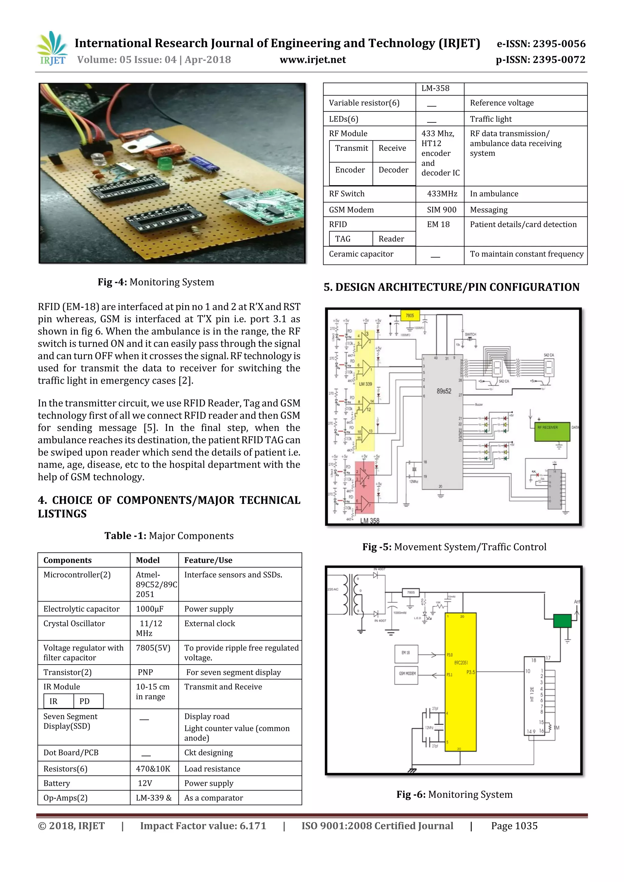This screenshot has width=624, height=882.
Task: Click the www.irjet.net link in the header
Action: click(x=312, y=60)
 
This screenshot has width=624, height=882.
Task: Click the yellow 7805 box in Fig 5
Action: click(x=409, y=315)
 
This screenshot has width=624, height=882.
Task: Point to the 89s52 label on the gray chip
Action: click(x=444, y=391)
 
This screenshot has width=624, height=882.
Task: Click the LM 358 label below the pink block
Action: click(x=370, y=521)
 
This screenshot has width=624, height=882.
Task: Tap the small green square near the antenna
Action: click(x=562, y=620)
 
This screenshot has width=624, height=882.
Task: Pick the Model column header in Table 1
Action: click(x=148, y=560)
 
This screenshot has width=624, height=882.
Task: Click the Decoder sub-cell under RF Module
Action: click(x=393, y=170)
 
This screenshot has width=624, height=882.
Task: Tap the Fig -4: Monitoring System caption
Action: click(x=156, y=282)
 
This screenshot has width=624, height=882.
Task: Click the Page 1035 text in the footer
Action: click(x=514, y=826)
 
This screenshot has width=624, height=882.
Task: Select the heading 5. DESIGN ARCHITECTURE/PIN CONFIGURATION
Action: click(x=451, y=287)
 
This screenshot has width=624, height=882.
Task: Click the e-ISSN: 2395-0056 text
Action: click(x=541, y=44)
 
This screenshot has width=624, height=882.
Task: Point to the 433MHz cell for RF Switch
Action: click(x=442, y=194)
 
